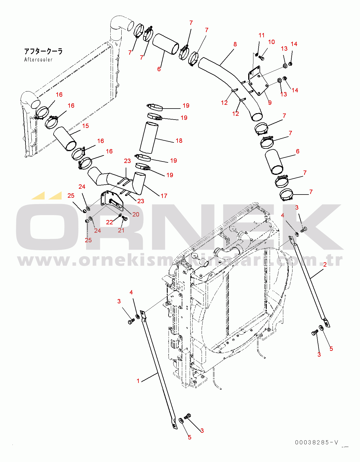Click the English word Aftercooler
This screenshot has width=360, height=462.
(x=38, y=60)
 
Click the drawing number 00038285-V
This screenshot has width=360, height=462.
(x=316, y=442)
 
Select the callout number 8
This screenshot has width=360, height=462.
(x=235, y=44)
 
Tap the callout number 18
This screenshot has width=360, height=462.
(x=179, y=141)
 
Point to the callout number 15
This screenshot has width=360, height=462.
(x=85, y=126)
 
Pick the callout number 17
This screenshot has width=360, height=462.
(x=164, y=196)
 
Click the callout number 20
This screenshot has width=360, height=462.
(x=136, y=214)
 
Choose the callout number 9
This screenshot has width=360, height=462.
(x=270, y=102)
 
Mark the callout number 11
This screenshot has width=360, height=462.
(x=262, y=35)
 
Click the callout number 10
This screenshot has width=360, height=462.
(x=271, y=42)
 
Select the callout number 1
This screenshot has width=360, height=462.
(x=138, y=381)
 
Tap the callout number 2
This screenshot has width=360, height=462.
(x=325, y=264)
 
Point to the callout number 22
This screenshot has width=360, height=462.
(x=109, y=222)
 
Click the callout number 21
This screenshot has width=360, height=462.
(x=121, y=230)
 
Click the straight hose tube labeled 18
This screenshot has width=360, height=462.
(x=149, y=138)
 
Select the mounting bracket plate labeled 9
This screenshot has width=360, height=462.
(x=258, y=81)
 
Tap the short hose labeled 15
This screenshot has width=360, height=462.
(x=65, y=138)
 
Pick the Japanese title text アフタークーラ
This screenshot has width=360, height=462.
(x=43, y=52)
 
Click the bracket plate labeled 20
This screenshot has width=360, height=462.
(x=112, y=201)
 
